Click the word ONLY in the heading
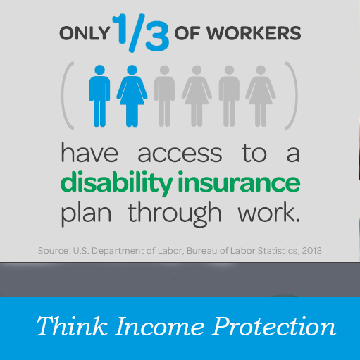click(85, 33)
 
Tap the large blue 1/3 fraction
click(140, 32)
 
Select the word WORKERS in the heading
click(254, 33)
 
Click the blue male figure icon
click(99, 96)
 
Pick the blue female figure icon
click(132, 96)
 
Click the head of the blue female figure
click(132, 70)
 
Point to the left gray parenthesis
click(68, 96)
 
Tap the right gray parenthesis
click(292, 96)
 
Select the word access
click(180, 154)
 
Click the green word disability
click(117, 183)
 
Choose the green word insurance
click(239, 182)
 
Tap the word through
click(175, 214)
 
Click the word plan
click(86, 213)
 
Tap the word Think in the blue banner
click(72, 326)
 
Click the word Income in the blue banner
click(159, 326)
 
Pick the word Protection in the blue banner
click(274, 326)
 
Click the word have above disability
click(89, 152)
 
